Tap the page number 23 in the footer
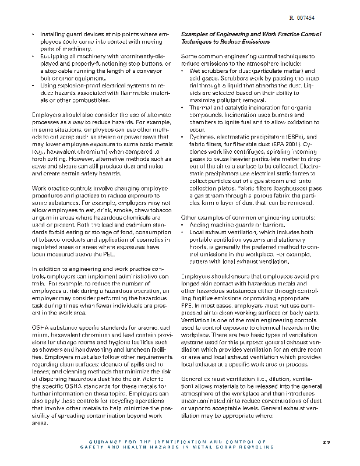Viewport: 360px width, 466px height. tap(326, 442)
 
